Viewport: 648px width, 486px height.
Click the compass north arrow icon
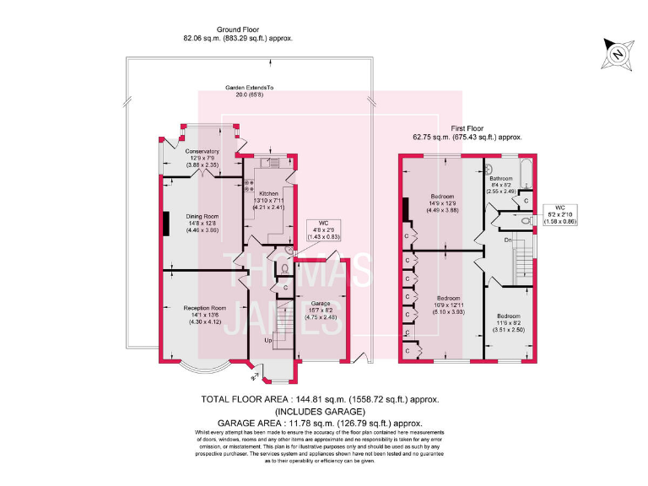[616, 54]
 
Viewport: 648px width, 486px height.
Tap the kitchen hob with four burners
[249, 186]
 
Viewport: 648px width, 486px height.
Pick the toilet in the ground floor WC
[284, 267]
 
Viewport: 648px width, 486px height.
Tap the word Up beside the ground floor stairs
[269, 340]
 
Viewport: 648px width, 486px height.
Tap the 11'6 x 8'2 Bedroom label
[509, 324]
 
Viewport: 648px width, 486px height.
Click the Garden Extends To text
[249, 91]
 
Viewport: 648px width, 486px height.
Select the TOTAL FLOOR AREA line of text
[319, 400]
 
